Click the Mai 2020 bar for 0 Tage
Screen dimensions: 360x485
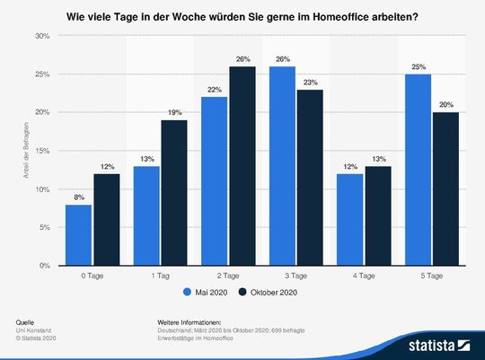click(x=79, y=235)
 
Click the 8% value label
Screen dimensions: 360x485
click(x=79, y=198)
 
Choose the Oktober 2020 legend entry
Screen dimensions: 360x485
click(x=273, y=291)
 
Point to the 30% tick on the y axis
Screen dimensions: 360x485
click(x=42, y=36)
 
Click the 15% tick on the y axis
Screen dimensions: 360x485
click(x=42, y=151)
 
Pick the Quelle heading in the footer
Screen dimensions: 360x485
click(x=26, y=321)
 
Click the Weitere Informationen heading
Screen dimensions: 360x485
click(x=189, y=321)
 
